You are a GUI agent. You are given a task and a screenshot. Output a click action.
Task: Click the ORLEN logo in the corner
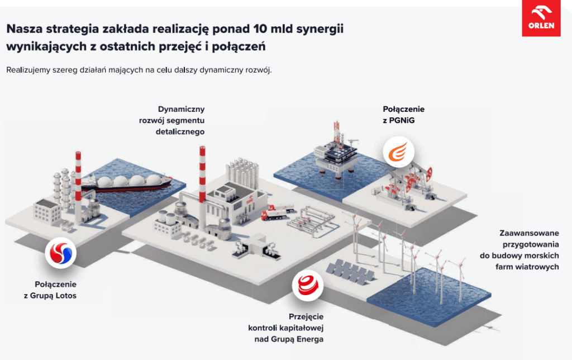coord(541,19)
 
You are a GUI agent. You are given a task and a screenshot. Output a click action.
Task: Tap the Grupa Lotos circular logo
coord(61,253)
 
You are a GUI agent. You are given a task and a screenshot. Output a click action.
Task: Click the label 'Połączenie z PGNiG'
coord(403,114)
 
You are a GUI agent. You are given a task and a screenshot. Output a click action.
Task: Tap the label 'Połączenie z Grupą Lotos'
coord(50,290)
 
